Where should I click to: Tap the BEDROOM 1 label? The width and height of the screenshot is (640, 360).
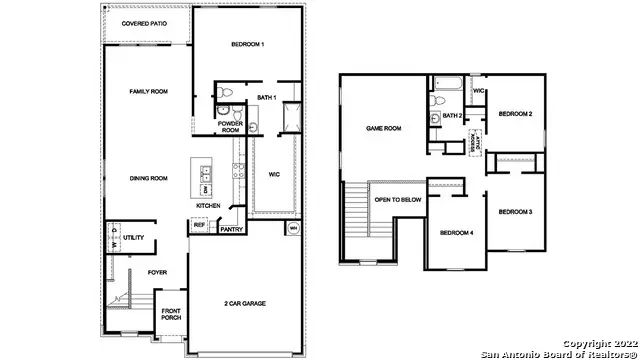pyautogui.click(x=247, y=45)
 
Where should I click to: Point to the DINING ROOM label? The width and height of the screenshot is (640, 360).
pyautogui.click(x=147, y=178)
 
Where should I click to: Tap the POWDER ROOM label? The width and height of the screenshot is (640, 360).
pyautogui.click(x=230, y=127)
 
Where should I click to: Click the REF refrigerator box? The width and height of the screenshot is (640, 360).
pyautogui.click(x=199, y=227)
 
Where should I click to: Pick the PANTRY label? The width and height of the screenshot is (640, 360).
pyautogui.click(x=231, y=229)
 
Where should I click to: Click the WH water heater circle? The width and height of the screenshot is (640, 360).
pyautogui.click(x=293, y=229)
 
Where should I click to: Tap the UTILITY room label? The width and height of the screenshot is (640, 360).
pyautogui.click(x=135, y=238)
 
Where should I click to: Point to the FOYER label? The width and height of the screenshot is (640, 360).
pyautogui.click(x=158, y=271)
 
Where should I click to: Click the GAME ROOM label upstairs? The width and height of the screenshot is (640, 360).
pyautogui.click(x=383, y=128)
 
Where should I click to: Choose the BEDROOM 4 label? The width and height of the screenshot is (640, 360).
pyautogui.click(x=456, y=233)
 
